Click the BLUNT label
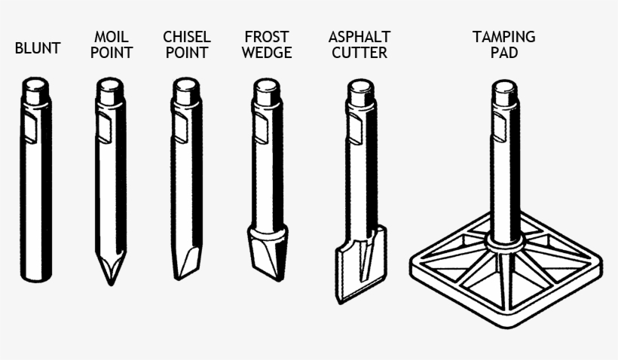coord(38,49)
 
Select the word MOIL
coord(112,37)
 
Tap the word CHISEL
coord(187,37)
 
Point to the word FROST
coord(268,37)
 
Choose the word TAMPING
coord(503,37)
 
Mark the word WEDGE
coord(268,53)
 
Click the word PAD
coord(503,53)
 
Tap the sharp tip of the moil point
coord(111,282)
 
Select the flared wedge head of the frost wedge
coord(268,252)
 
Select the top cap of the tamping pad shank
coord(504,89)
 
